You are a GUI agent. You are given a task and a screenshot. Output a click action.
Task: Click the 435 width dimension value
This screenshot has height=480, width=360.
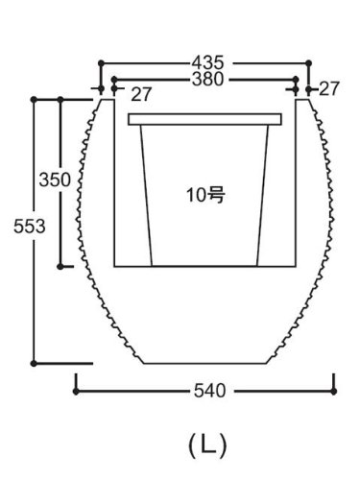(x=207, y=62)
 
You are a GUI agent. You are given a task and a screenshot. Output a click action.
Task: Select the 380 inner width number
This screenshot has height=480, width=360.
(x=207, y=79)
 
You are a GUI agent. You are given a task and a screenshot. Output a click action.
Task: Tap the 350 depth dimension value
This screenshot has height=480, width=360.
(x=55, y=180)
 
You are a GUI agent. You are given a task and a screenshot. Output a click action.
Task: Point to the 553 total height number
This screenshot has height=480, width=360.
(x=30, y=227)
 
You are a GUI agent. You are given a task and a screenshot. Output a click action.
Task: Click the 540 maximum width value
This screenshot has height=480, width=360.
(x=210, y=391)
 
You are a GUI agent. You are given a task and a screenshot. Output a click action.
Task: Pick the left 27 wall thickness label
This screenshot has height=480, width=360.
(x=141, y=94)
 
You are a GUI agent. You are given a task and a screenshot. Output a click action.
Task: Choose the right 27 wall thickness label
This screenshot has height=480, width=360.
(x=328, y=89)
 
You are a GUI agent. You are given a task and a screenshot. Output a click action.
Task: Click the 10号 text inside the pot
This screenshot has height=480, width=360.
(x=205, y=195)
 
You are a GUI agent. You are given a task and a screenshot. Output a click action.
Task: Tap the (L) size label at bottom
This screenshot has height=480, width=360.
(x=207, y=445)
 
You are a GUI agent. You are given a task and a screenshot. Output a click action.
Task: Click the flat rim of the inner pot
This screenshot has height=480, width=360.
(x=204, y=119)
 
